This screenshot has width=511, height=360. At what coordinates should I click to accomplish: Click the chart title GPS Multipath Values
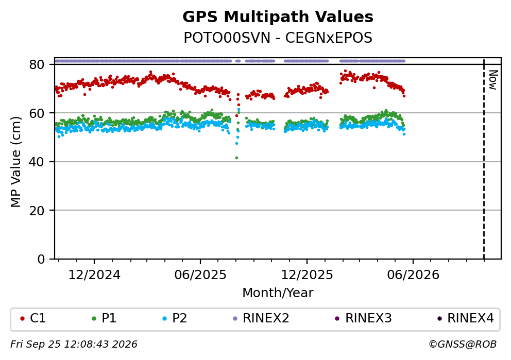278,17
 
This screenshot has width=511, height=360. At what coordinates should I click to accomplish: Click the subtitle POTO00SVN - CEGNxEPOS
278,38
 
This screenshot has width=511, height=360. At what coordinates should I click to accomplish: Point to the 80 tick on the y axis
37,64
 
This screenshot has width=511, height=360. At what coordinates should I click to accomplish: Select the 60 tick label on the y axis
37,113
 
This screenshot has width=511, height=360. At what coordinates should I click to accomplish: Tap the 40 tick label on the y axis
37,162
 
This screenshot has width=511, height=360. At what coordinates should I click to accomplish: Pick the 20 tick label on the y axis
37,211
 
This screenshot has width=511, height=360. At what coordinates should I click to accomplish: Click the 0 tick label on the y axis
41,260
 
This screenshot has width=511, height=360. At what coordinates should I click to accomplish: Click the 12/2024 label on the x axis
94,275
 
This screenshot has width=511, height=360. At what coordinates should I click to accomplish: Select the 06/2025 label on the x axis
200,275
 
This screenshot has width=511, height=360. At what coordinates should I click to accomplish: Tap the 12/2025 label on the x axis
306,275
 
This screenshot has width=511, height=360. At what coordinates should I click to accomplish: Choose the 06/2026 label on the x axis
413,275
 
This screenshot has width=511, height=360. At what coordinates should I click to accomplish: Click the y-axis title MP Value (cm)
15,162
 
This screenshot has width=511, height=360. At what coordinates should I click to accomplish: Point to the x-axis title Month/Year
278,293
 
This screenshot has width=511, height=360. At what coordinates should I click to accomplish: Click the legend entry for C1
32,318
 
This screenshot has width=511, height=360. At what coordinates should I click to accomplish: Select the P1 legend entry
104,318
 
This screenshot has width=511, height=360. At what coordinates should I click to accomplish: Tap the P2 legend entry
174,318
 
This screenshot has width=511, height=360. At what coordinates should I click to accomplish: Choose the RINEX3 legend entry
363,318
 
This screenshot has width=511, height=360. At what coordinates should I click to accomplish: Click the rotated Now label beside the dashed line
493,80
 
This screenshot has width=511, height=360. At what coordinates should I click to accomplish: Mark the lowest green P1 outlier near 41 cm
236,158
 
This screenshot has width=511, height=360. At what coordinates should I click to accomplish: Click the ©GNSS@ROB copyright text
463,345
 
